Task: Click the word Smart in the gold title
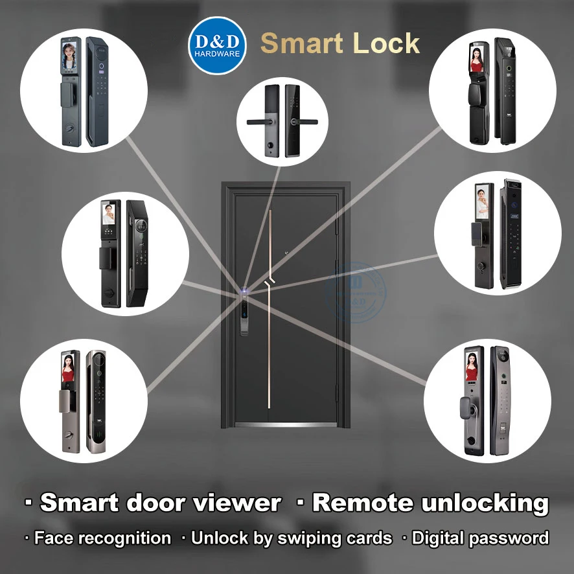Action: coord(301,43)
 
